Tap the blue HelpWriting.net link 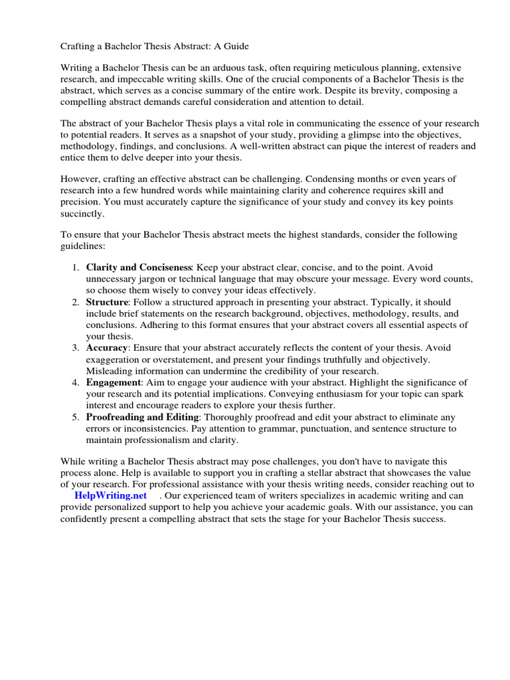110,496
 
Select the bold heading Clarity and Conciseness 139,266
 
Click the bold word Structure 106,302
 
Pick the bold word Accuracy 107,347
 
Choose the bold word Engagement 114,382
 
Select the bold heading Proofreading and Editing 142,417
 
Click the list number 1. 74,266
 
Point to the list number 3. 74,347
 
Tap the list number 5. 74,417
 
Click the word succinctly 82,214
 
